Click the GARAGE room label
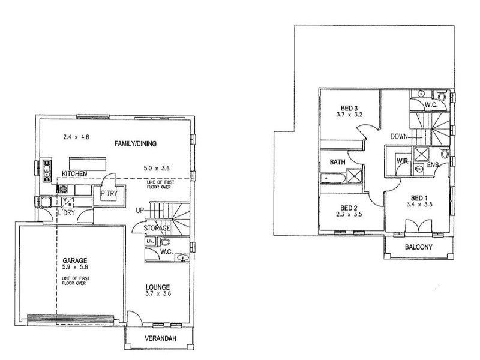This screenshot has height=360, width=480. (x=76, y=260)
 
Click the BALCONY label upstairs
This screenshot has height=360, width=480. (x=418, y=247)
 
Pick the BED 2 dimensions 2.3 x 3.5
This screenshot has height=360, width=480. (x=348, y=213)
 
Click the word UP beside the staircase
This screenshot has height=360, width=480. (x=140, y=211)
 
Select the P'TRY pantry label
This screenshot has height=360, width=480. (x=109, y=193)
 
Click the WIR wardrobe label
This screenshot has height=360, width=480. (x=402, y=161)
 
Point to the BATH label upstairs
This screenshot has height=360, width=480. (x=337, y=162)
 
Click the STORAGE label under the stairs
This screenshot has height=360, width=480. (x=157, y=229)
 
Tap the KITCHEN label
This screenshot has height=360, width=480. (x=75, y=173)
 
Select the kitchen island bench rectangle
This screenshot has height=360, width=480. (x=87, y=163)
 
